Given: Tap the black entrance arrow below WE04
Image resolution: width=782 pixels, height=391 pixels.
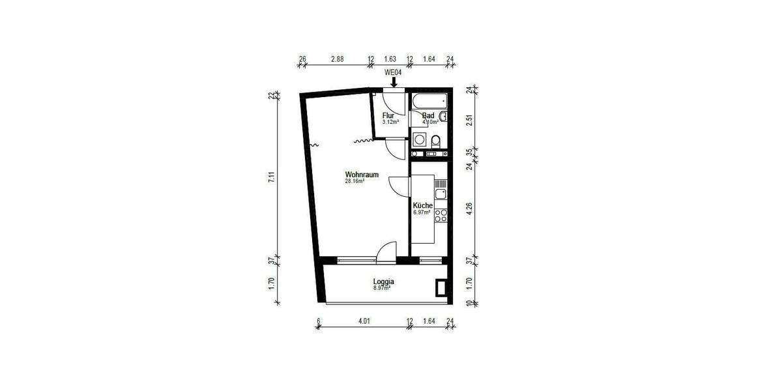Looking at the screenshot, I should (393, 82).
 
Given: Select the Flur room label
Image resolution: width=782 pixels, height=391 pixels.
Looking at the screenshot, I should (388, 115).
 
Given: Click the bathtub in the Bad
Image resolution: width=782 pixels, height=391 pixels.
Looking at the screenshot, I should (429, 100).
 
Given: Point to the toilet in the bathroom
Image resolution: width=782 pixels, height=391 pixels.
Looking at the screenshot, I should (435, 140).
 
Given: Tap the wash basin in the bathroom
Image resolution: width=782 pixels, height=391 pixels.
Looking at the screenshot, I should (443, 117).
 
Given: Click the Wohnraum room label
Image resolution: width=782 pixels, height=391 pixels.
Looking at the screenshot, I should (362, 175).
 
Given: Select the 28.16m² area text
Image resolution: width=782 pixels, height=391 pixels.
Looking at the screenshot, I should (355, 182).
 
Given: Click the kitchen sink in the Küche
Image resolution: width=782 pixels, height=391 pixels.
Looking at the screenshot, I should (441, 193).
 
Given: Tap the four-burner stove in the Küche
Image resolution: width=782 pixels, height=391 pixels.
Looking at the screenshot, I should (441, 216).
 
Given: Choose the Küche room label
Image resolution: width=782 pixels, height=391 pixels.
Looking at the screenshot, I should (422, 205).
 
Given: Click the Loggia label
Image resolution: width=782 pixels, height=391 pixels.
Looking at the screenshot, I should (384, 282).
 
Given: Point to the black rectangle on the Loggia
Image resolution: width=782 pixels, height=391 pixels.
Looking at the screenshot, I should (441, 287).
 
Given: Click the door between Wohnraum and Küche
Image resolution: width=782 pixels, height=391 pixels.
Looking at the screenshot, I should (399, 186).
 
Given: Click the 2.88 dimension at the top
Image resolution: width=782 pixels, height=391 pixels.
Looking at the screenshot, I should (337, 59).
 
